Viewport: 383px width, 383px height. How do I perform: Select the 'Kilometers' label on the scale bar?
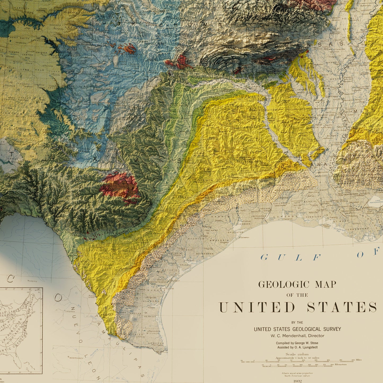point(340,365)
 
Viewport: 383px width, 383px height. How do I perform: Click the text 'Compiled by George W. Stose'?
point(297,343)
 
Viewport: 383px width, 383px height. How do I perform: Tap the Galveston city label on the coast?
point(245,238)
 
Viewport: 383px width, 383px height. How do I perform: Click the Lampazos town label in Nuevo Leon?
point(70,310)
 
